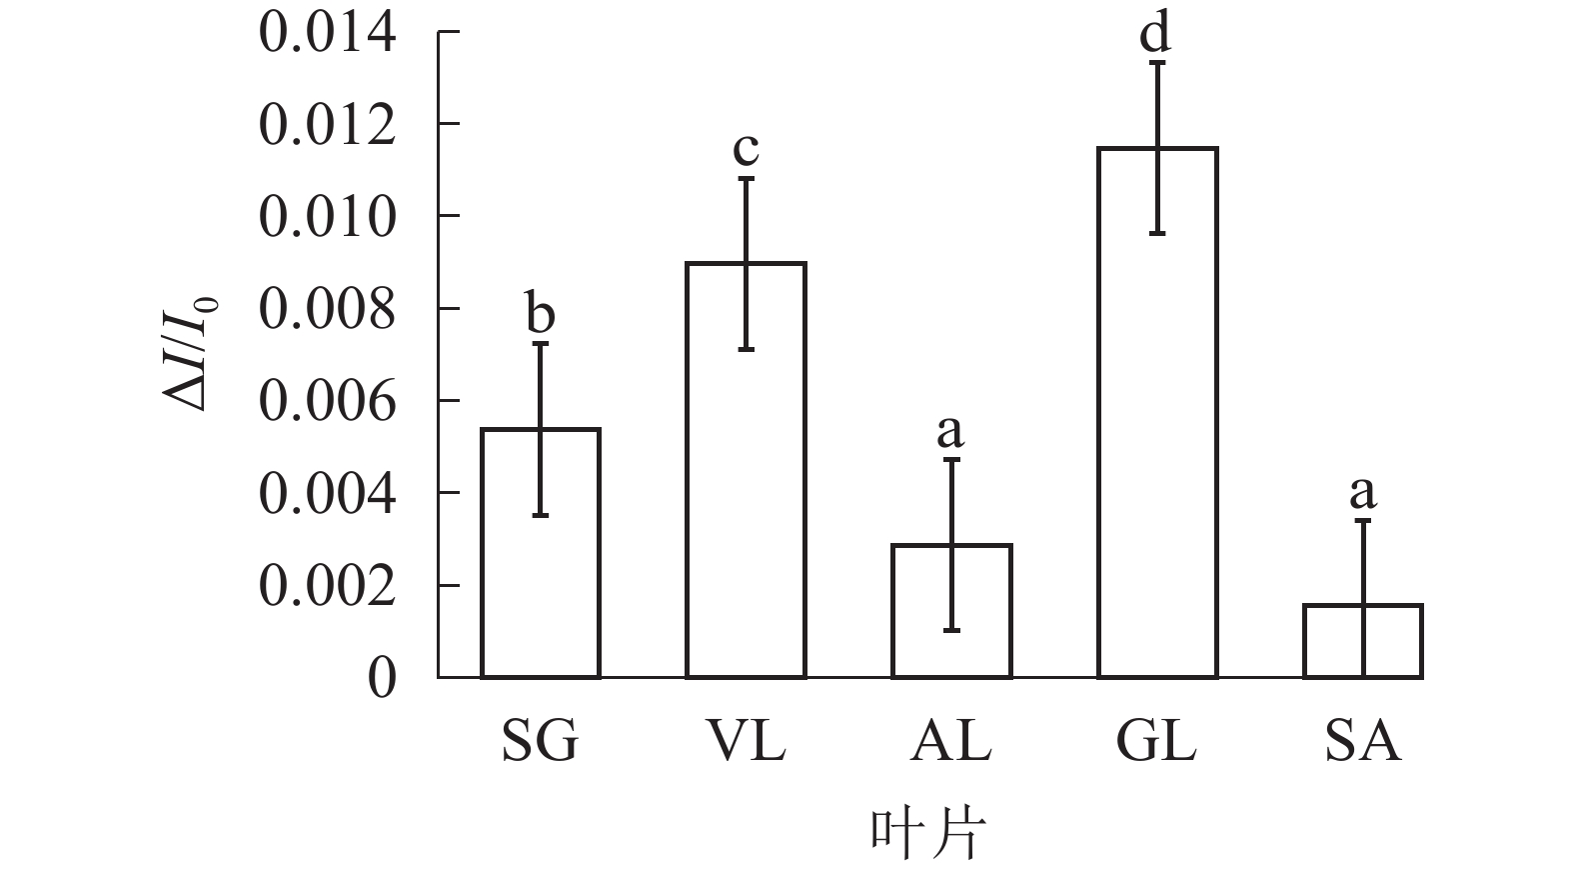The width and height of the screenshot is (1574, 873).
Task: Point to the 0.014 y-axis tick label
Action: (327, 33)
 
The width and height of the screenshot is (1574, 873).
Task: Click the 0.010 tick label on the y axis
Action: (327, 217)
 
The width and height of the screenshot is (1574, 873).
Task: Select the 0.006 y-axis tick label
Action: (327, 402)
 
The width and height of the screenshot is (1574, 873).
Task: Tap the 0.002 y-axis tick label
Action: (327, 587)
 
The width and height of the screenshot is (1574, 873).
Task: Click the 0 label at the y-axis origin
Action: (382, 679)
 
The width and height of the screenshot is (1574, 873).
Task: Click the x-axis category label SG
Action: (540, 742)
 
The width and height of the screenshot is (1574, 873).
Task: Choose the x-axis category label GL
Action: (1156, 742)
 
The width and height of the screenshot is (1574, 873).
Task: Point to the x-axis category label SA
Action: (1363, 742)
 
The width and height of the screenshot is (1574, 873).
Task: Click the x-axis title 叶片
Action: (925, 833)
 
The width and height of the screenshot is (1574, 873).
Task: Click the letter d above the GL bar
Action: (1155, 33)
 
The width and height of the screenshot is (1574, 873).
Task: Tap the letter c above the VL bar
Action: (746, 151)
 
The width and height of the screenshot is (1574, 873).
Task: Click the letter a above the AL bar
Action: (950, 432)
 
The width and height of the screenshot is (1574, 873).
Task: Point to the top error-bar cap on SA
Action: (1362, 520)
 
